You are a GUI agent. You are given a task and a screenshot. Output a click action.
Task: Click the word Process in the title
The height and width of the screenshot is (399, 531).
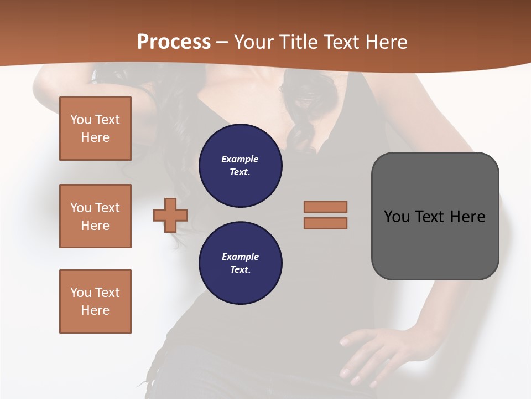point(174,42)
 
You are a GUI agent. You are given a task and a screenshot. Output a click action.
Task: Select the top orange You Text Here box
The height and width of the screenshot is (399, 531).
point(95,129)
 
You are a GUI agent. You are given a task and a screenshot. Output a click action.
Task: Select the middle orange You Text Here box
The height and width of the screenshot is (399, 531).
point(95,216)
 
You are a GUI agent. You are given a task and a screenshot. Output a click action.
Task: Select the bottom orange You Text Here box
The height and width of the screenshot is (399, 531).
point(95,301)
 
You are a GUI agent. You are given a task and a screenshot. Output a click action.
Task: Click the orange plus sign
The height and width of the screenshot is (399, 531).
point(170,215)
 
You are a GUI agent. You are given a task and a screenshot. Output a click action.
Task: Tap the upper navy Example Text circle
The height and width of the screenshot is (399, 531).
point(240,166)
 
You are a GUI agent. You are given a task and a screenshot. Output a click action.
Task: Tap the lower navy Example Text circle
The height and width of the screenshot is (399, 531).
point(240,263)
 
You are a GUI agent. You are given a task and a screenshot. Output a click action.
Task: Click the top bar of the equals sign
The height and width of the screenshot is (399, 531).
point(325,207)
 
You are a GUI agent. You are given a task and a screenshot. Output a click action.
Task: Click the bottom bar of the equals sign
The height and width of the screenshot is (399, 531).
point(325,223)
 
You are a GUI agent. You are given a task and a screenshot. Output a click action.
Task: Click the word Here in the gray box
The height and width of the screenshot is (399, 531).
point(467,217)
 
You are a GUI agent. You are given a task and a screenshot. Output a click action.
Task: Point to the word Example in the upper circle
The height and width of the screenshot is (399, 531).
point(240,159)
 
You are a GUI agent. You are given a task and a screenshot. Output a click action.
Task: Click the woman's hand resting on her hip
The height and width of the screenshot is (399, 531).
point(365,355)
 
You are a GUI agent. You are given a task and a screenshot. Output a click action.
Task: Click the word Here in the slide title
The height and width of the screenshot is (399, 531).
point(386,42)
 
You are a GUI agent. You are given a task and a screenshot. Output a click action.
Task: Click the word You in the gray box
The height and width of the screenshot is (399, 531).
point(397,217)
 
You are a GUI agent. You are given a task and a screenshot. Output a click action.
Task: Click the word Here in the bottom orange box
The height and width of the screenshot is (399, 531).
point(95,310)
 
